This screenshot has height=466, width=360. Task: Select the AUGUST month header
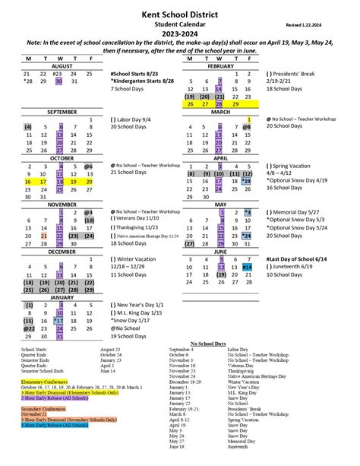point(60,65)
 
